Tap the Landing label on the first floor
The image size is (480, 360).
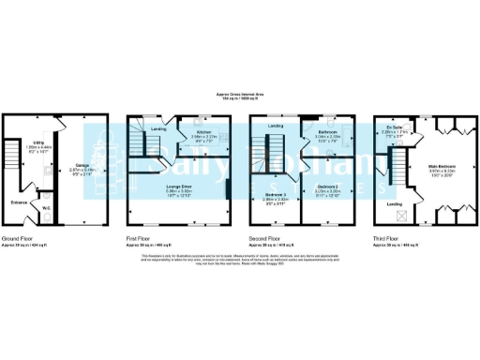pos(158,127)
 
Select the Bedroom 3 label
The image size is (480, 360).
pos(274,195)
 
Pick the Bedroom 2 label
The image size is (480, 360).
pos(326,195)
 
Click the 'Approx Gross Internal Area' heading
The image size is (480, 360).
pos(240,95)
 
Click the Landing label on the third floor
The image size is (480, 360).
pos(396,203)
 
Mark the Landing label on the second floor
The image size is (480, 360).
pos(276,126)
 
